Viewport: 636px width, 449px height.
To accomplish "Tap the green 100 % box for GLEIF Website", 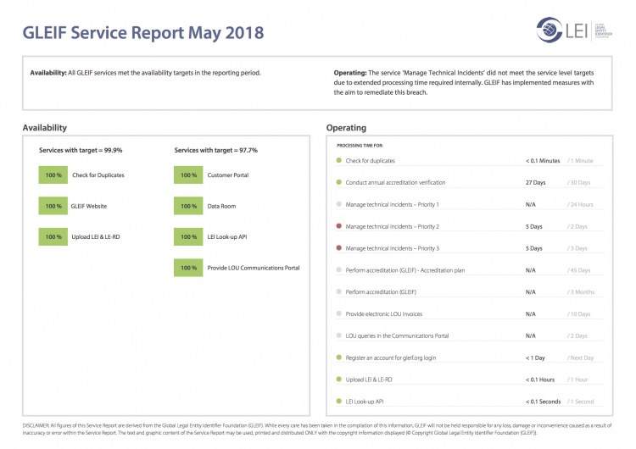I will [53, 206].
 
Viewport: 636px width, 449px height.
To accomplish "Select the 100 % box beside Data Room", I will [188, 206].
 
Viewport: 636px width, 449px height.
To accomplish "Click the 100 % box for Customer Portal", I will [188, 175].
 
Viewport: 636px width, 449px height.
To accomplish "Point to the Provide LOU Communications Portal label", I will [253, 268].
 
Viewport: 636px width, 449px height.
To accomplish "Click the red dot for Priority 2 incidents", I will [339, 226].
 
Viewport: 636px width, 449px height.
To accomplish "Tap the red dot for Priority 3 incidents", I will [339, 248].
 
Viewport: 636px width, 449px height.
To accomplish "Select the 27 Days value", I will [535, 182].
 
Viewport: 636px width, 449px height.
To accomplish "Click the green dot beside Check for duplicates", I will [339, 160].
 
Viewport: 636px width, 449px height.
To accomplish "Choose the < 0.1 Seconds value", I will [544, 401].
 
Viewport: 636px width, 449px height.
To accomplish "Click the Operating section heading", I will [346, 128].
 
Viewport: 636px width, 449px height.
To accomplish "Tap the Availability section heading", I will [45, 128].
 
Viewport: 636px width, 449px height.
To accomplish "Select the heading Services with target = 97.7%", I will [216, 150].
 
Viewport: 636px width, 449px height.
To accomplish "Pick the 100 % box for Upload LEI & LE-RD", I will [53, 236].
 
